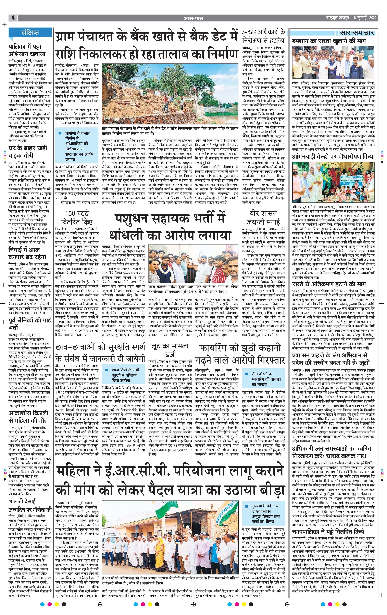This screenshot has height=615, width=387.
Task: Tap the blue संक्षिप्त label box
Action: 30,32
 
